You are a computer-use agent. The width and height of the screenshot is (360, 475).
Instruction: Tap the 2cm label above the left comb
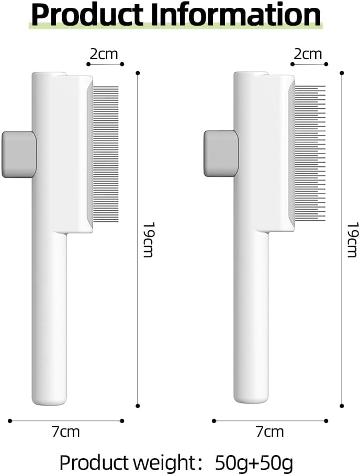click(x=104, y=54)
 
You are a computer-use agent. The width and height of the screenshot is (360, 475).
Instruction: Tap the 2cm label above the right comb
click(x=308, y=54)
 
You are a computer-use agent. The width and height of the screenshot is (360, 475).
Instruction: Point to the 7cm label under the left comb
click(x=66, y=432)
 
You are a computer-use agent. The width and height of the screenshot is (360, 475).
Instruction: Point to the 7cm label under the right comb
click(x=270, y=432)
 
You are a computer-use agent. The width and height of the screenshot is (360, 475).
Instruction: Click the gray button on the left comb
click(x=18, y=154)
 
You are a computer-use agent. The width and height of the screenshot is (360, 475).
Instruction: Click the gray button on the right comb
click(x=220, y=154)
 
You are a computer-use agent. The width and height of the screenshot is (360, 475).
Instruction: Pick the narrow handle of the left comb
click(x=50, y=319)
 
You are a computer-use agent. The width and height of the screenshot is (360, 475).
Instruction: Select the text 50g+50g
click(x=254, y=463)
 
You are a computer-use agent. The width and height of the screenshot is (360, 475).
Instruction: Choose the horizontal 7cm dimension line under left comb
click(x=66, y=420)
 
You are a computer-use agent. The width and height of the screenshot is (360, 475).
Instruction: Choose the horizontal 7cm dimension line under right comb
click(x=270, y=420)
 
